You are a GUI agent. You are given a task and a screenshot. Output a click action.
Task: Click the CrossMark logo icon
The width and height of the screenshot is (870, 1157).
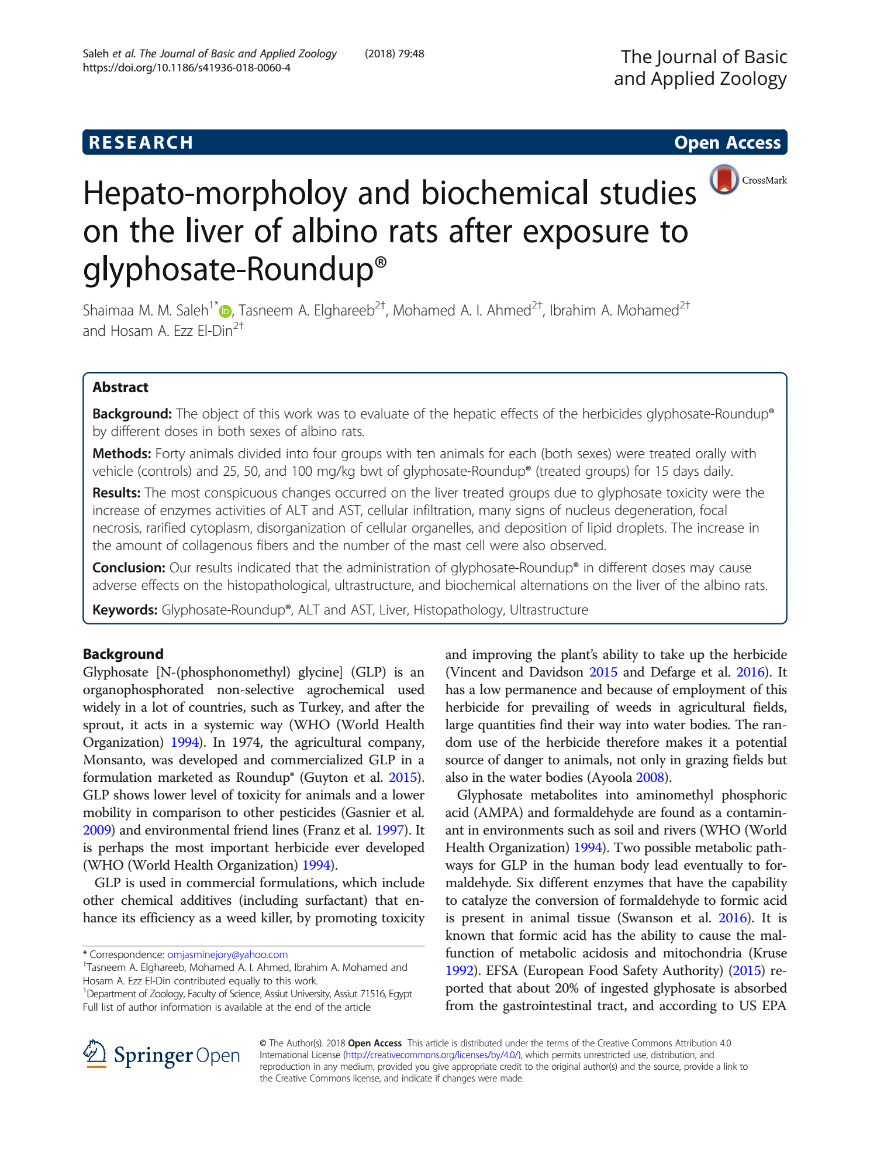click(x=724, y=179)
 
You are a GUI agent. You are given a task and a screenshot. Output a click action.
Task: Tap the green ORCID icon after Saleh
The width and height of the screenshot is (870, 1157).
click(x=226, y=311)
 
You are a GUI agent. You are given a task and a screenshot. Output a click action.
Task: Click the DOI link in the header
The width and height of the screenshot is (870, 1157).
click(x=187, y=68)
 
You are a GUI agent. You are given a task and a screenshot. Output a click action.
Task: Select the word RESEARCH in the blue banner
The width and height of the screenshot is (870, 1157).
click(x=141, y=143)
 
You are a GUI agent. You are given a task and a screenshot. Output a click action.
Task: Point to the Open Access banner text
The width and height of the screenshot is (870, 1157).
click(x=727, y=143)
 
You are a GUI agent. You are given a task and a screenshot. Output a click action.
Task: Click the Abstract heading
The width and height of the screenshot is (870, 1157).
click(x=120, y=387)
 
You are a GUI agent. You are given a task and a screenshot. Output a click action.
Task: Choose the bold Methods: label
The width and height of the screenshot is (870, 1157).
click(x=122, y=454)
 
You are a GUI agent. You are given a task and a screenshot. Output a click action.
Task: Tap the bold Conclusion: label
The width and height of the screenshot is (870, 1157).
click(x=129, y=568)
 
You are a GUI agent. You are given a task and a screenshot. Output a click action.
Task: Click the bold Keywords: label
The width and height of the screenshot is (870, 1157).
click(x=125, y=610)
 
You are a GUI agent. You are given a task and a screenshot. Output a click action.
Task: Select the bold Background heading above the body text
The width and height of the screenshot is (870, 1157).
click(x=123, y=654)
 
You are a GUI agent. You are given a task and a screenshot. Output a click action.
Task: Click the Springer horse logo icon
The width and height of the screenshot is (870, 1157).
click(x=95, y=1054)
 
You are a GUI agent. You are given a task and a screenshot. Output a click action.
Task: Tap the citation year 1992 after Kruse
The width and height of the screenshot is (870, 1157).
click(x=460, y=970)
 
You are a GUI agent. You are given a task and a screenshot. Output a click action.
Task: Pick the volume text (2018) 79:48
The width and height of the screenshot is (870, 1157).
click(x=395, y=54)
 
